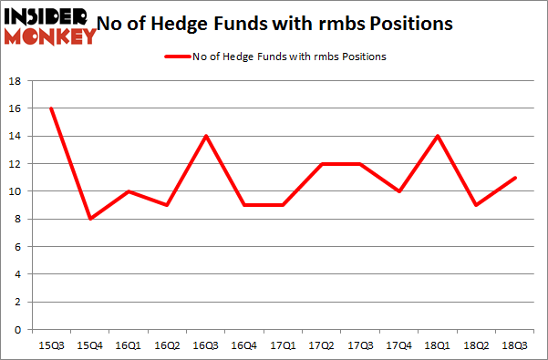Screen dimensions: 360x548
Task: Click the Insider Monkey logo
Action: pos(50,26)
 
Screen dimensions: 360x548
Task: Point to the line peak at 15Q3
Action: pos(51,108)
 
